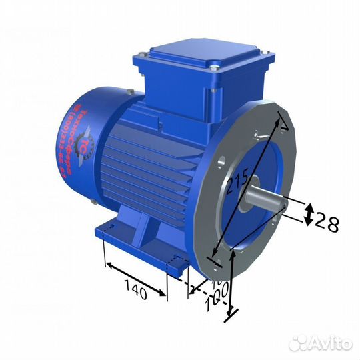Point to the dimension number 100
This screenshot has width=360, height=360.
click(216, 298)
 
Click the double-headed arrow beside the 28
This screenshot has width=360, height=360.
click(309, 215)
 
